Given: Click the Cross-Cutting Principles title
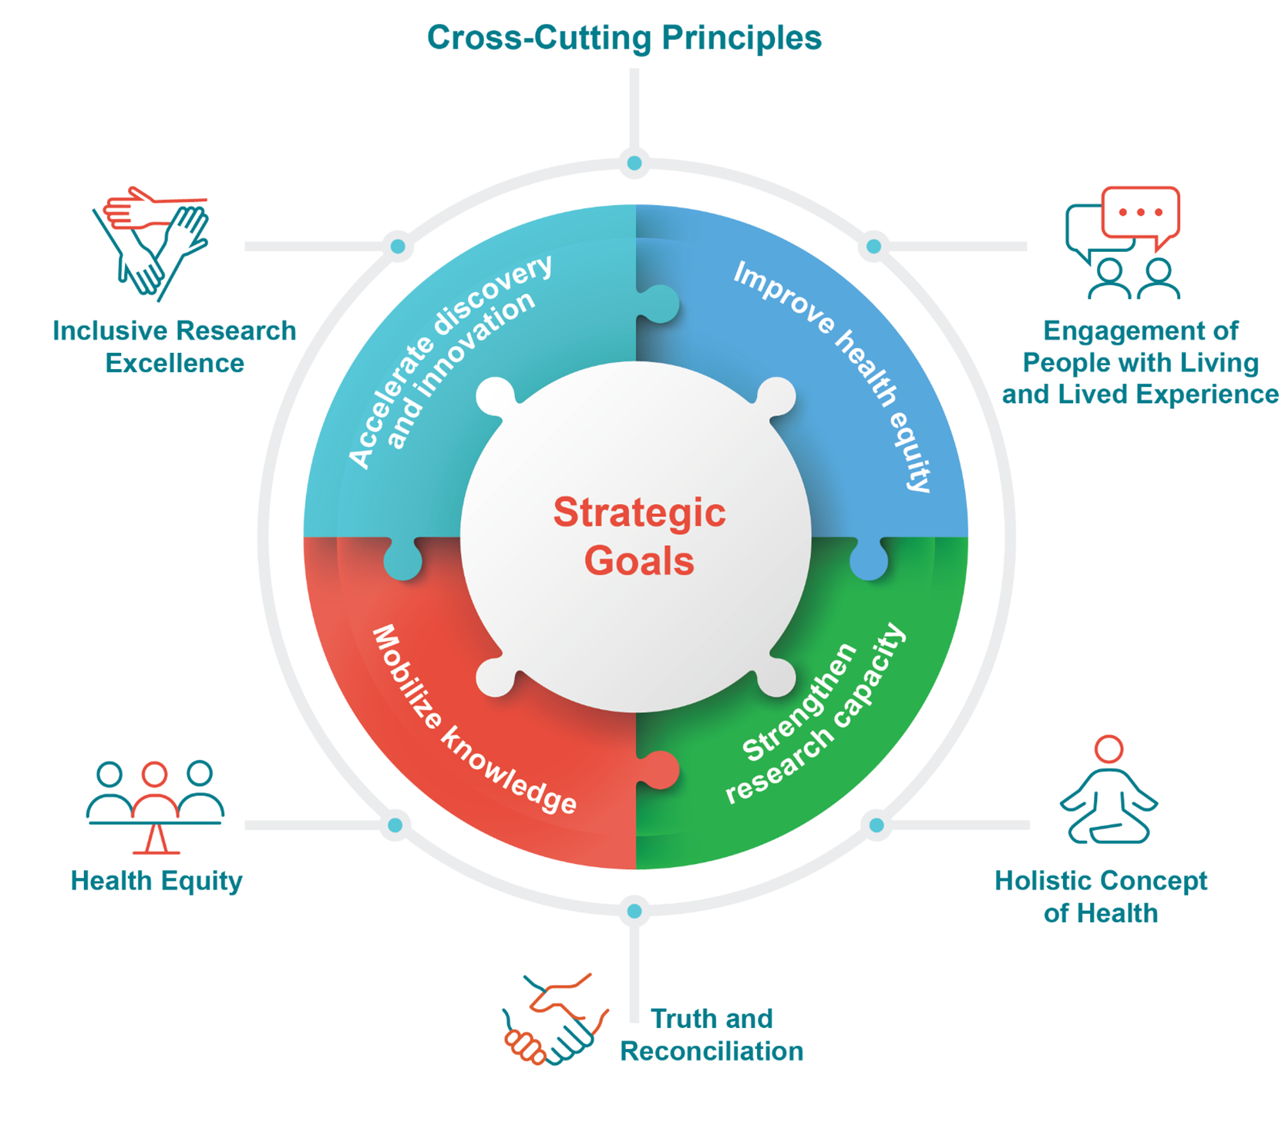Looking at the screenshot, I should (624, 38).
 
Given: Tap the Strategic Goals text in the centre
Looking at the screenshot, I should (639, 536).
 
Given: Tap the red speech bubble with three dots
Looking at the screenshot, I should (1140, 213).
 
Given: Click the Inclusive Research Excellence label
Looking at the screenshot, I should (174, 347).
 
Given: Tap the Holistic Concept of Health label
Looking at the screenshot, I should (1100, 896).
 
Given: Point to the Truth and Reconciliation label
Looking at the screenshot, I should (711, 1034).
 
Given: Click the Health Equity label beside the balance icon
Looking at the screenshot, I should (156, 880).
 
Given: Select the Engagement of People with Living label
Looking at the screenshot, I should (1140, 362).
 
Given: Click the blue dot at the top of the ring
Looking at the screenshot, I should (634, 163).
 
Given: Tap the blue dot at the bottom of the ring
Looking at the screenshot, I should (634, 911).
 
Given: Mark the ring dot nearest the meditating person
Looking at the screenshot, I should (877, 825).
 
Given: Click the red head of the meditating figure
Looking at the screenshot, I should (1109, 748).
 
